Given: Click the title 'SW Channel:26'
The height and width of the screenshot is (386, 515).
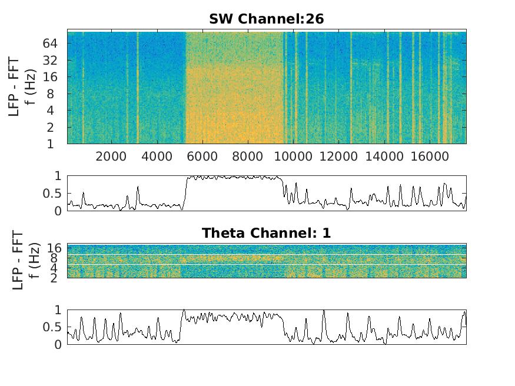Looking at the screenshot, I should tap(266, 19).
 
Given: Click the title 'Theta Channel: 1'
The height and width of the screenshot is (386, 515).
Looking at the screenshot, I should tap(266, 233).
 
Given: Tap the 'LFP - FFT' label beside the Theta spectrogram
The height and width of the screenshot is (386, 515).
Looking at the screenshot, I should tap(18, 259).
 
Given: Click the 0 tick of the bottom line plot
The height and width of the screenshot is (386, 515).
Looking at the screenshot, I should tap(58, 345).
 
